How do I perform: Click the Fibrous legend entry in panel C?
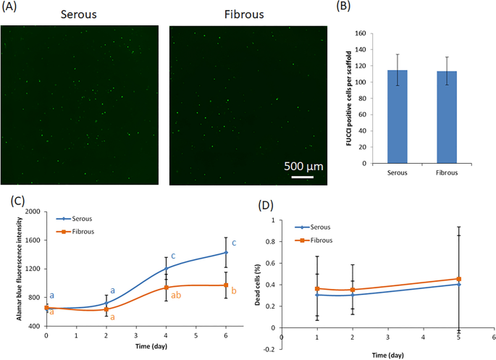tap(82, 231)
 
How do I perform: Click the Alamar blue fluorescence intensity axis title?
tap(8, 269)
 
